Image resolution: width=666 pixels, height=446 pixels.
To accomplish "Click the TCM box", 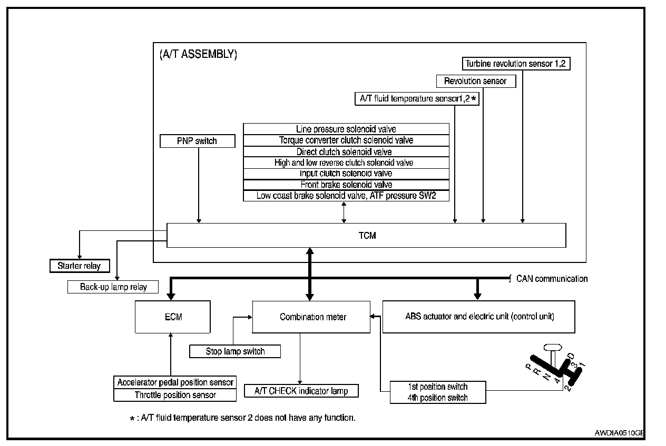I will click(x=366, y=236).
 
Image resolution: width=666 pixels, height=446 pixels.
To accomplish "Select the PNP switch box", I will click(x=197, y=141).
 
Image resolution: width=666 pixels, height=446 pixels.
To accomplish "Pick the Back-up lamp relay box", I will click(x=113, y=287).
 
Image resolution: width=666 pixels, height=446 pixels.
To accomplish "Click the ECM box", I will click(x=173, y=317).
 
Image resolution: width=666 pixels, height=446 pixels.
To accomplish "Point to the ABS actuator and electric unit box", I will click(x=478, y=317).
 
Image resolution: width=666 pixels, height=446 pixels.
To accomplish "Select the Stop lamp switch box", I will click(x=235, y=351).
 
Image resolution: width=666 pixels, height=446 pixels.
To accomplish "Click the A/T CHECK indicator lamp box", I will click(x=301, y=391).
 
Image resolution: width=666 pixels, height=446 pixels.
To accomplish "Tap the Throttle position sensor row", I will click(x=175, y=395).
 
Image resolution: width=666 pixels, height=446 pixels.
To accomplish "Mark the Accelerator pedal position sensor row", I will click(x=175, y=382).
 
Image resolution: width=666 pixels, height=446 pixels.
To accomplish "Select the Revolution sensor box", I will click(x=475, y=81).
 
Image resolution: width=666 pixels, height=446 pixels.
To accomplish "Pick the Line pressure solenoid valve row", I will click(x=346, y=129).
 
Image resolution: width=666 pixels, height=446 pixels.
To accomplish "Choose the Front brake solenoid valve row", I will click(x=346, y=185).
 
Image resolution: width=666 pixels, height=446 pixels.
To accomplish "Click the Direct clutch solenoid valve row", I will click(x=346, y=151).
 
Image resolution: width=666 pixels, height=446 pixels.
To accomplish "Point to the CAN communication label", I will click(x=551, y=279).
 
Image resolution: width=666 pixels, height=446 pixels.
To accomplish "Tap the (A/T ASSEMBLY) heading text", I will click(x=198, y=55).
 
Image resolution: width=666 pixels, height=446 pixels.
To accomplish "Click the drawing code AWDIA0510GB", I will click(x=620, y=433).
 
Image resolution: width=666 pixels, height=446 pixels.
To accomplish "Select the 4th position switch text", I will click(x=437, y=398).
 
